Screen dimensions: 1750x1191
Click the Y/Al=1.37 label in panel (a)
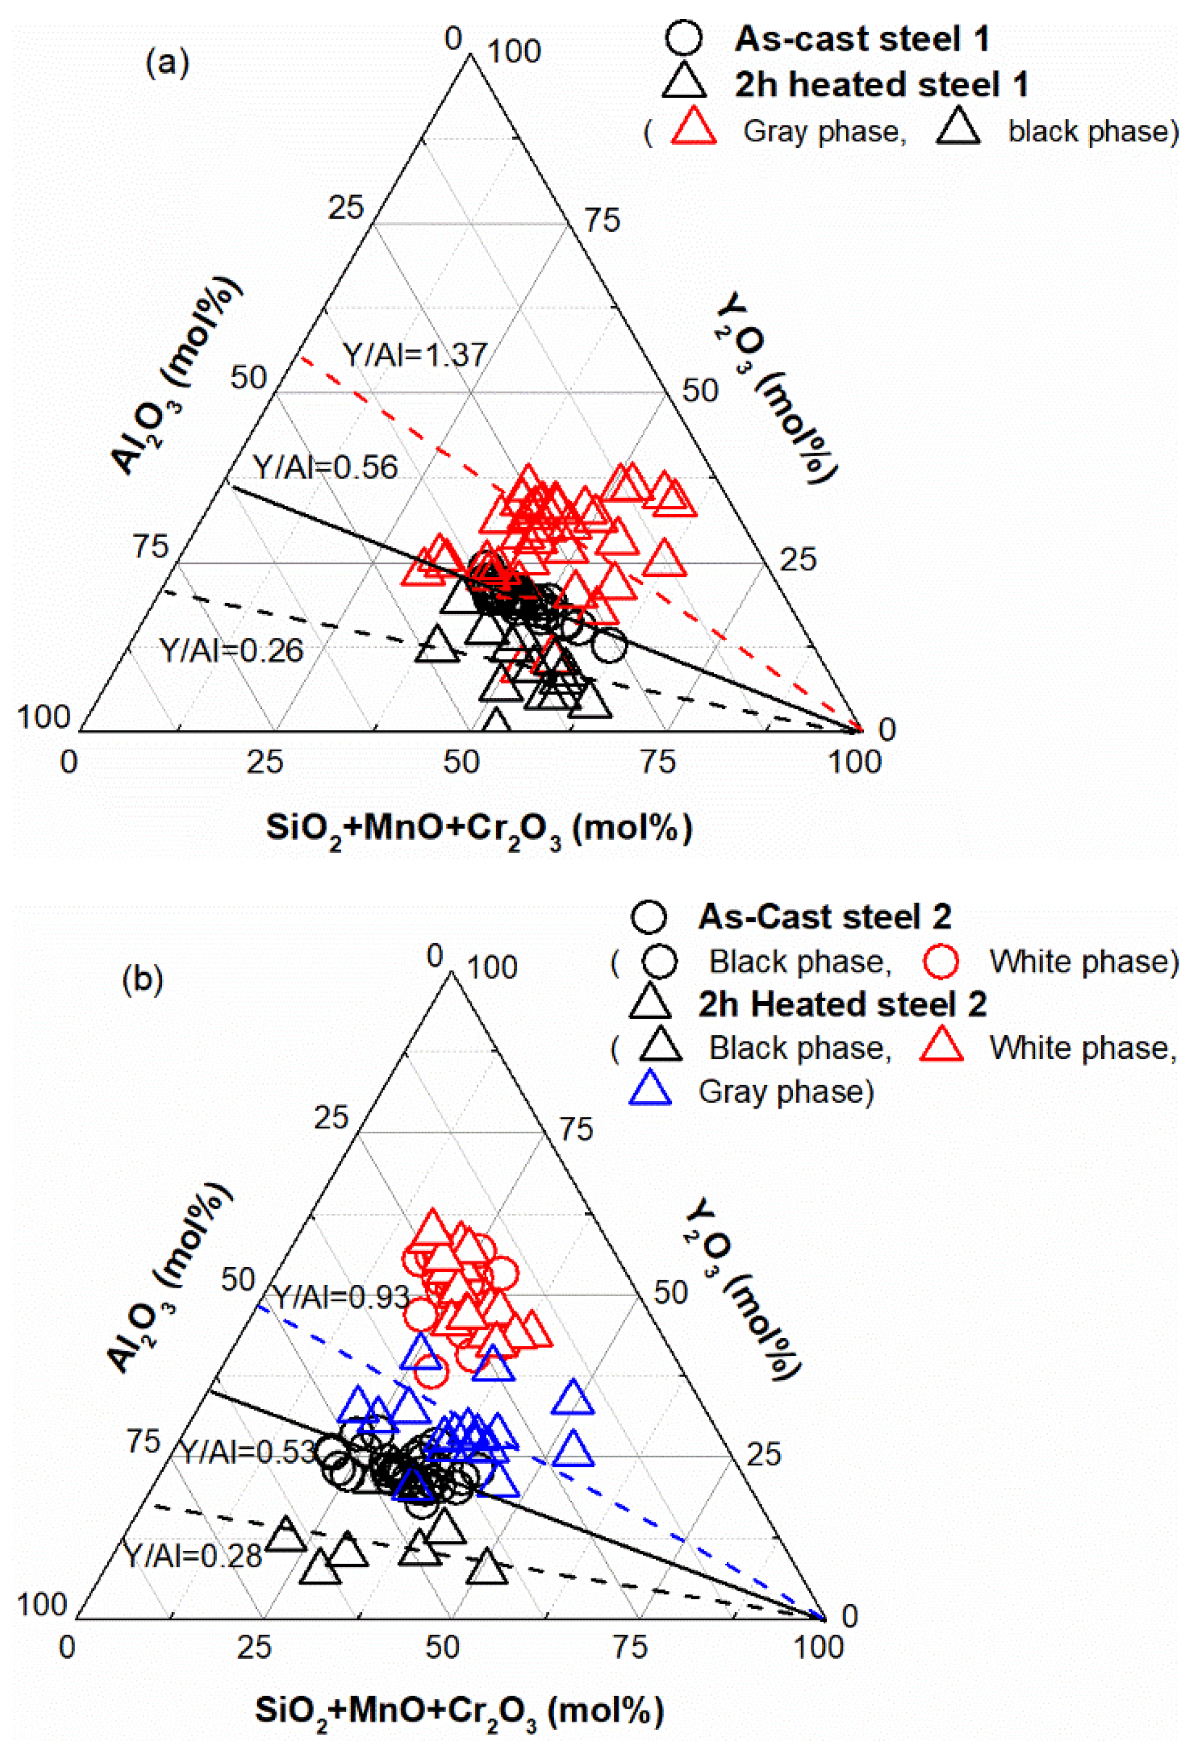(415, 354)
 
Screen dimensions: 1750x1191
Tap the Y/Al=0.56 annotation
(325, 467)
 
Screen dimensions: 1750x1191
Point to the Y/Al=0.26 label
(231, 650)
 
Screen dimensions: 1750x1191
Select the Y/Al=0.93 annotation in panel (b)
(341, 1297)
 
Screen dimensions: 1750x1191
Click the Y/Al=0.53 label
(248, 1451)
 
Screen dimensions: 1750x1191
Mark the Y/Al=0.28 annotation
(193, 1556)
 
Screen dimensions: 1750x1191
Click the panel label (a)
(167, 63)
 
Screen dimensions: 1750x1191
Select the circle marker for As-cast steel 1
(684, 38)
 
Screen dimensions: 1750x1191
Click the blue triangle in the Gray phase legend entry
(649, 1090)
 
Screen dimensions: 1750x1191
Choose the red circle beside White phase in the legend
(941, 961)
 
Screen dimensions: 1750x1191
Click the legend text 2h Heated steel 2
(842, 1004)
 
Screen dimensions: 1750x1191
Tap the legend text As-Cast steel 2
(824, 917)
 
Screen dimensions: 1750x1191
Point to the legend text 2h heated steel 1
(881, 85)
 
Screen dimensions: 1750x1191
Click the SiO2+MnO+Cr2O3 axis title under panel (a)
(479, 829)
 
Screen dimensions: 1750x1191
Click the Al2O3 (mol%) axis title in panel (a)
(176, 376)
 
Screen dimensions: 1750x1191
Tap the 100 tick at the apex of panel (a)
(514, 52)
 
